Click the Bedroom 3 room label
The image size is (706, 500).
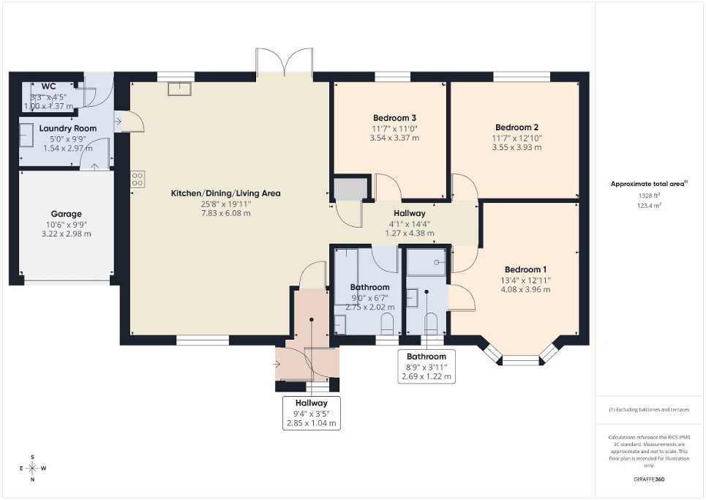394,118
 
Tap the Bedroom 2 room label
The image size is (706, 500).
517,127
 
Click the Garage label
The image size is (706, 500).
66,214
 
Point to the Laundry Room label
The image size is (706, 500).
67,129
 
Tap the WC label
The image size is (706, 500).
49,86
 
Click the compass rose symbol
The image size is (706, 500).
33,467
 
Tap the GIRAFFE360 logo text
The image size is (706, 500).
650,480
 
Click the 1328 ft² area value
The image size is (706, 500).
650,196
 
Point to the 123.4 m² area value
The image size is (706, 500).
650,206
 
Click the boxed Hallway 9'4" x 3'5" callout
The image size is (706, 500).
311,413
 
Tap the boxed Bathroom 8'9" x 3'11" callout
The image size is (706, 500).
427,367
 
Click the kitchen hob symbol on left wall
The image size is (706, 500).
138,180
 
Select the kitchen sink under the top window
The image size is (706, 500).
179,89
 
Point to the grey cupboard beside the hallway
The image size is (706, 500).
349,188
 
